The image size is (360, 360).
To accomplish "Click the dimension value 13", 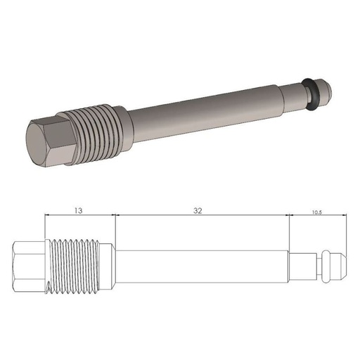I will pos(78,210).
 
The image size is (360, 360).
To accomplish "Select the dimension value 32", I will pos(201,210).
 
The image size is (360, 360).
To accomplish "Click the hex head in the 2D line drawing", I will pos(28,266).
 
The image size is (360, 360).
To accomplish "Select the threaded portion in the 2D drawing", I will pos(77,266).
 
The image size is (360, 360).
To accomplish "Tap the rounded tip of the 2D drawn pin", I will pos(338,266).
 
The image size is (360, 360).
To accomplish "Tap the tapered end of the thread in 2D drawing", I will pos(110,266).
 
